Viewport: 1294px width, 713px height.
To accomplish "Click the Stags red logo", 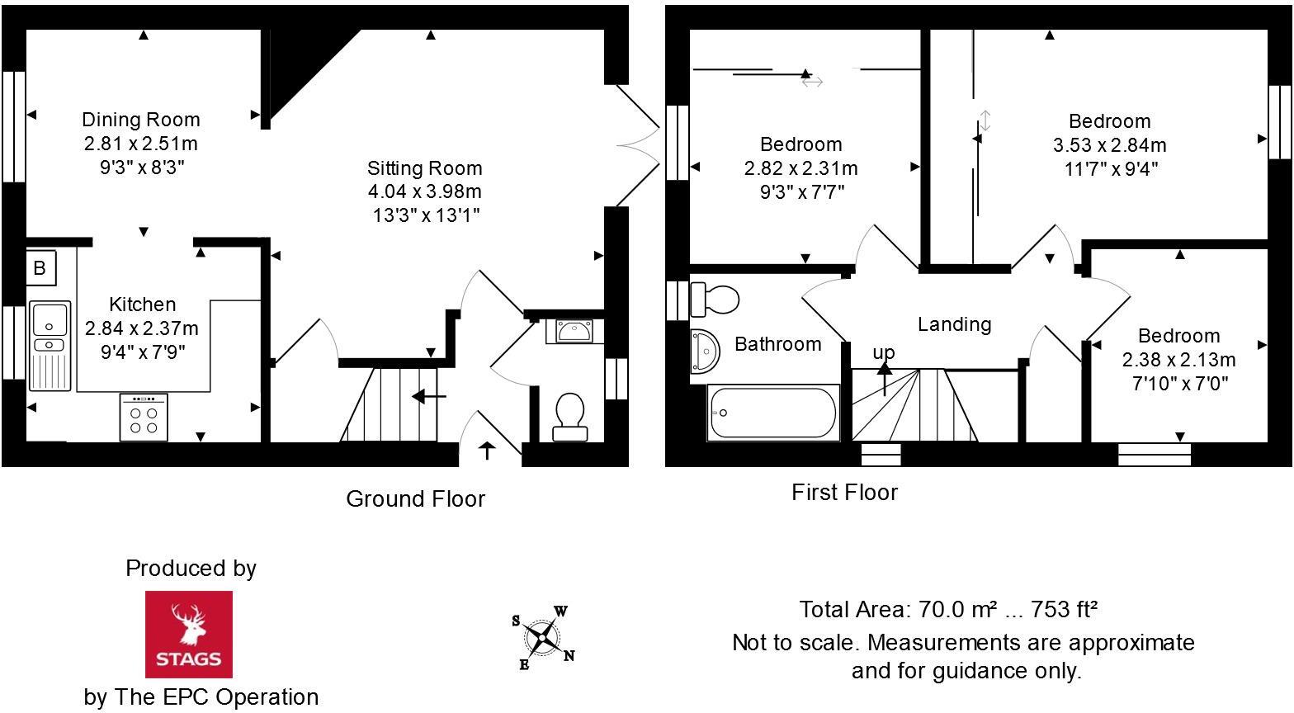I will (189, 634).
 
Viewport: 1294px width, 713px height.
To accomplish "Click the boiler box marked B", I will (40, 268).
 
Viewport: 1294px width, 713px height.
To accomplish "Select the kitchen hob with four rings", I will (144, 416).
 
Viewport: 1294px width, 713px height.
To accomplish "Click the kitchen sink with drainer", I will (50, 345).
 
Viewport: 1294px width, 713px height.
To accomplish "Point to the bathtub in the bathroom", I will (772, 413).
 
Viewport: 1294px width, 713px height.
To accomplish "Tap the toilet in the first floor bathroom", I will (715, 299).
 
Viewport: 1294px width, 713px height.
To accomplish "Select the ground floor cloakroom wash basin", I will (574, 331).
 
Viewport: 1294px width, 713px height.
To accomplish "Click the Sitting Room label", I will (424, 168).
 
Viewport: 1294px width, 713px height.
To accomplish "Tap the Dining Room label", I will (140, 120).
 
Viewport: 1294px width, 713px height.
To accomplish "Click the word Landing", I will (954, 324).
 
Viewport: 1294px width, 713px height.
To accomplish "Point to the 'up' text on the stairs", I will (884, 353).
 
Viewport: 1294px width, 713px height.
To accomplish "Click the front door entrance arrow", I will (487, 451).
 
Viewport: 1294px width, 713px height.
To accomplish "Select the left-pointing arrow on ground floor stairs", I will (429, 398).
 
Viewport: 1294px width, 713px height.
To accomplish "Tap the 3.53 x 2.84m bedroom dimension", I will (1109, 145).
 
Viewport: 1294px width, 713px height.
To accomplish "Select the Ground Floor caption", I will (415, 499).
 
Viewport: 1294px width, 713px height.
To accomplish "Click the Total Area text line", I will (947, 610).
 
